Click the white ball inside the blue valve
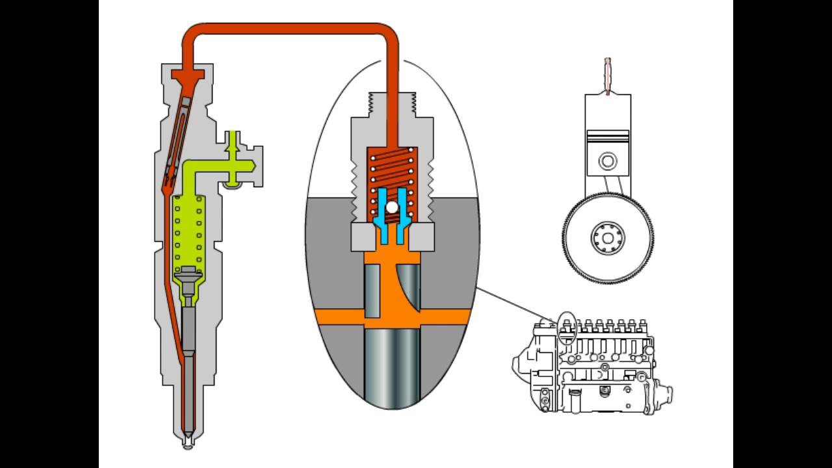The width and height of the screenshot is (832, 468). pyautogui.click(x=392, y=207)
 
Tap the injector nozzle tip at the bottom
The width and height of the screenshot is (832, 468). pyautogui.click(x=187, y=443)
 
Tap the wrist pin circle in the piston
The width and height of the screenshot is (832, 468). pyautogui.click(x=608, y=160)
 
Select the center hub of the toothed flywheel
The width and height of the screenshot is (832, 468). pyautogui.click(x=608, y=238)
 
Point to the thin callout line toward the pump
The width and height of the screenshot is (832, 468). pyautogui.click(x=513, y=305)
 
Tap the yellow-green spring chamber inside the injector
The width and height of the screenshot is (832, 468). pyautogui.click(x=189, y=227)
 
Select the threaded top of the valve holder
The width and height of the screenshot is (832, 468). pyautogui.click(x=392, y=104)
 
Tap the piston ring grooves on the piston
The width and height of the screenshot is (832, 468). pyautogui.click(x=608, y=135)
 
